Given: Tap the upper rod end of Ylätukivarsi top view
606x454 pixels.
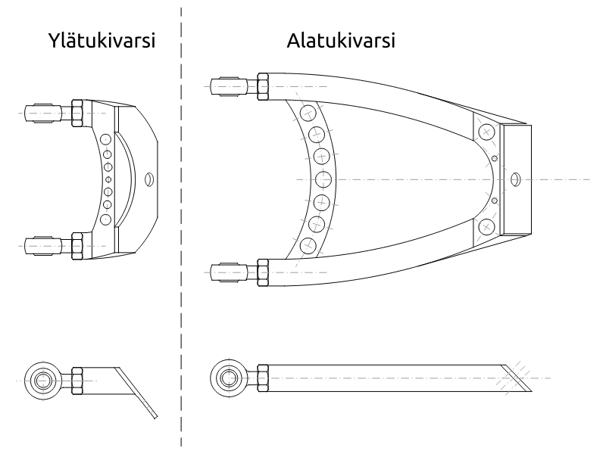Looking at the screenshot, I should [42, 113].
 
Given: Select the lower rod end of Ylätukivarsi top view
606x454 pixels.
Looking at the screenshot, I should [42, 245].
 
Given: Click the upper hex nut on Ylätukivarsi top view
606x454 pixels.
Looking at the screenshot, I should [77, 113].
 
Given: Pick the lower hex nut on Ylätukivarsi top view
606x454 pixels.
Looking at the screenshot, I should [77, 245].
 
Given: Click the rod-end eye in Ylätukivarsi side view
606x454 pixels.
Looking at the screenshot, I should [42, 377].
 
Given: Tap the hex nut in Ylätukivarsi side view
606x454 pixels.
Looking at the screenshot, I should [77, 377].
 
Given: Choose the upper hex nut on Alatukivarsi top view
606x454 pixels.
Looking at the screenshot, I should [264, 86].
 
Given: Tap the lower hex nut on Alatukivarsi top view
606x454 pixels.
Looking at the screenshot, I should [264, 272].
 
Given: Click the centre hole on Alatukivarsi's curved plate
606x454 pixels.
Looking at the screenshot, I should [324, 179].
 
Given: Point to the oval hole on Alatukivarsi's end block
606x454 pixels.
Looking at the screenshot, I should [515, 179].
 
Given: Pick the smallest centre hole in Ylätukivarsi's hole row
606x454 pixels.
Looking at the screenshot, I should [108, 179].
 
